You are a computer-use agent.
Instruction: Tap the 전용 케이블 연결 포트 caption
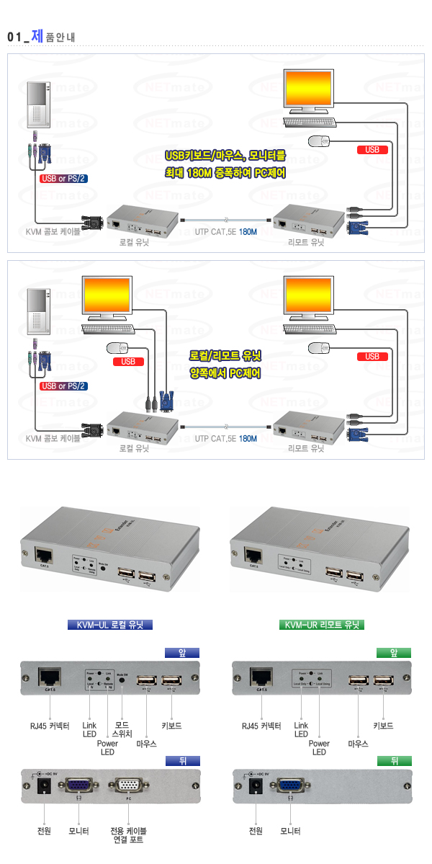128,835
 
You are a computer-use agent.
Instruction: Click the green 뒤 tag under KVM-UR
394,760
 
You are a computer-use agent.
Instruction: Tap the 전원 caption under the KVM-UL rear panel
45,830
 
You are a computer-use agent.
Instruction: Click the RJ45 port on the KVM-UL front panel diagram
50,677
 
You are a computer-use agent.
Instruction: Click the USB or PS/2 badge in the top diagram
64,179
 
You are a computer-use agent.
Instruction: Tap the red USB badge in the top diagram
372,150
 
